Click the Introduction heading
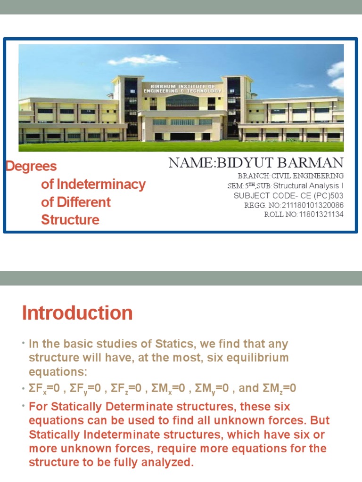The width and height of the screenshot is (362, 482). click(77, 313)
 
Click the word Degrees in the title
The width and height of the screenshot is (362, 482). click(31, 166)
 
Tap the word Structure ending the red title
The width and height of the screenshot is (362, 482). click(70, 220)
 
